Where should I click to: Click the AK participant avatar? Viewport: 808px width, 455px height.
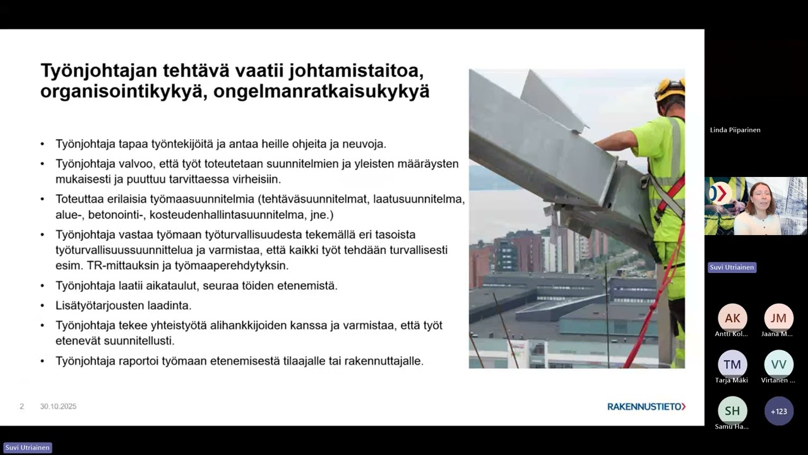pos(732,318)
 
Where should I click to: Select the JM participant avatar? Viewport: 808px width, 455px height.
pos(778,318)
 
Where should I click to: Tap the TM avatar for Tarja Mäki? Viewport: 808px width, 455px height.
pos(732,364)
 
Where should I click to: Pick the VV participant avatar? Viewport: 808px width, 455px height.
pos(778,364)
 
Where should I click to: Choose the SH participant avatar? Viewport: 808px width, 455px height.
pos(732,411)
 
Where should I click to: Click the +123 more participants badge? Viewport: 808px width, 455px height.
pos(778,411)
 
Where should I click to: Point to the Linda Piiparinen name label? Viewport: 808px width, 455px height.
pos(735,130)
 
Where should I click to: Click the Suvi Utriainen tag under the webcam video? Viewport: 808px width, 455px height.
pos(732,267)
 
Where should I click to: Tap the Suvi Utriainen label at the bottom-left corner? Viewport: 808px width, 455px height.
pos(27,447)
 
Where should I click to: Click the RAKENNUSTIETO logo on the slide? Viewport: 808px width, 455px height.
pos(646,406)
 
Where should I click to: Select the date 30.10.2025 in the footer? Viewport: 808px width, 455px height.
pos(58,406)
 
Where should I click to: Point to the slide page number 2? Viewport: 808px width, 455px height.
pos(21,406)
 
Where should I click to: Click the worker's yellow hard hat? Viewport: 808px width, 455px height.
pos(670,88)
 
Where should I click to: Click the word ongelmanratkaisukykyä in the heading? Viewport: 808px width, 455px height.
pos(321,92)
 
